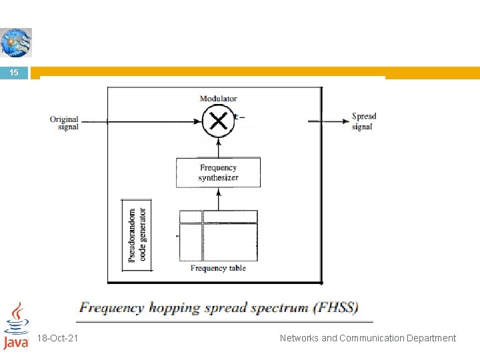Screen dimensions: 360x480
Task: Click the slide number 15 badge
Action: [15, 73]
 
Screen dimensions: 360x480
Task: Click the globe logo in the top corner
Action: [16, 43]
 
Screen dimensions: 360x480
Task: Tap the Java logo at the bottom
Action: [16, 326]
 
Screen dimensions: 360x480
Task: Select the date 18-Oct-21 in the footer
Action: [59, 338]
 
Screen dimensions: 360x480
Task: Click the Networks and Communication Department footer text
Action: [368, 338]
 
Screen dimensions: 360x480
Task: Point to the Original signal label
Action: [64, 123]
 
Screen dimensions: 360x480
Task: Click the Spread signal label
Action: [364, 121]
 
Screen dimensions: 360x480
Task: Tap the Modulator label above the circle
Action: [218, 99]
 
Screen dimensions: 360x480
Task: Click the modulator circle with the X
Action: [218, 121]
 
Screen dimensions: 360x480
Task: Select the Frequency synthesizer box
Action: [218, 173]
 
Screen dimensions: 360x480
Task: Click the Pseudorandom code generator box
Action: [137, 235]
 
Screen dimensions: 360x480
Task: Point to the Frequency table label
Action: [218, 268]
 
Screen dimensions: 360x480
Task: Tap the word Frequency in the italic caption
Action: [111, 308]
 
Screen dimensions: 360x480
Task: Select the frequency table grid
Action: [218, 235]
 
